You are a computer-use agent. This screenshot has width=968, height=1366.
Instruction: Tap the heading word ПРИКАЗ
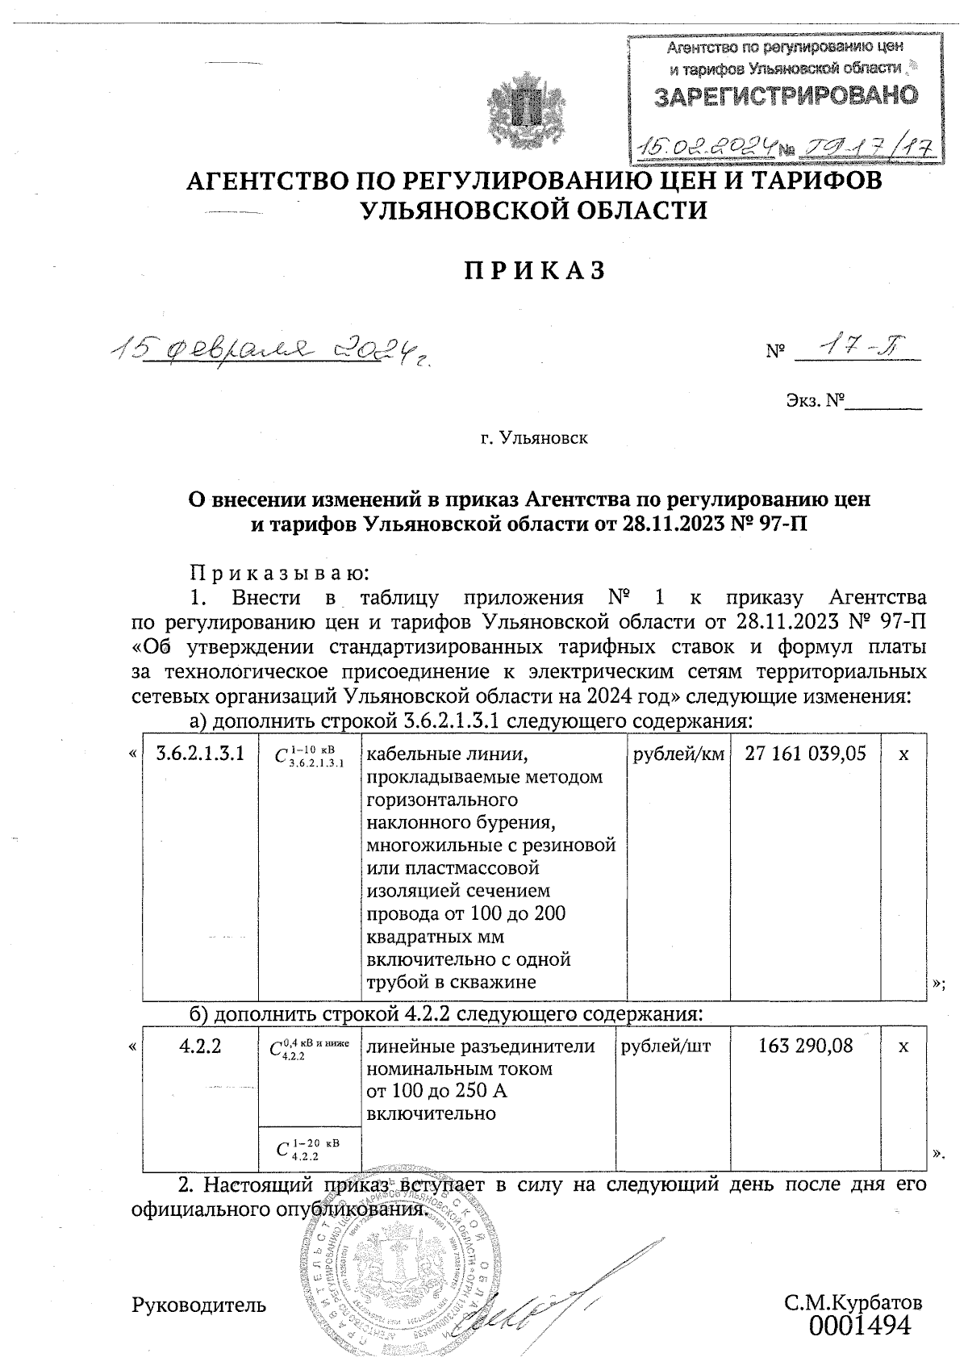point(534,271)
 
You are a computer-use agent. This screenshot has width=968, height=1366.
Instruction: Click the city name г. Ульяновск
point(534,439)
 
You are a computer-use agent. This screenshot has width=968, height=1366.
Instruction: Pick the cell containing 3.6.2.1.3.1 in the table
point(199,754)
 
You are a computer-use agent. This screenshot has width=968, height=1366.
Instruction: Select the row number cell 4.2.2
point(199,1046)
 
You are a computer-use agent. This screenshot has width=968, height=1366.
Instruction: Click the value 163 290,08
point(806,1046)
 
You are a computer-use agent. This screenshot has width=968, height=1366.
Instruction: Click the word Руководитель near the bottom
point(198,1303)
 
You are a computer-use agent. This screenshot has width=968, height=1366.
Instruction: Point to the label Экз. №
point(814,400)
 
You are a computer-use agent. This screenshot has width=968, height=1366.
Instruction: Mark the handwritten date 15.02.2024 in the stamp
point(707,145)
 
